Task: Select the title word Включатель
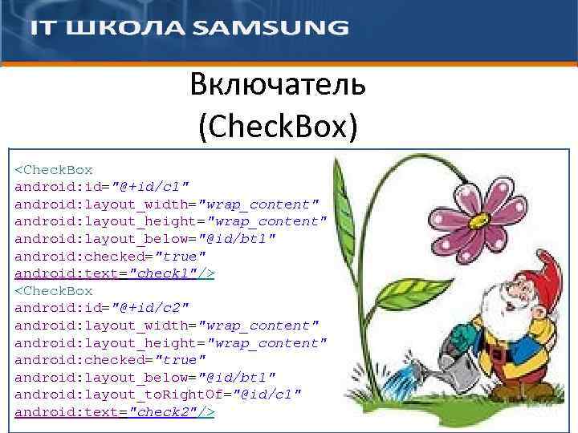point(278,83)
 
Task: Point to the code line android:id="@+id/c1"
point(102,187)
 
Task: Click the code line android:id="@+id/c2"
point(102,308)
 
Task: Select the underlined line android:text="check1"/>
point(115,273)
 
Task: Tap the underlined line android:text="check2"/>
point(115,412)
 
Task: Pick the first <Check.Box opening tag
point(54,170)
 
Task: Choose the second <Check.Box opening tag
point(54,291)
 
